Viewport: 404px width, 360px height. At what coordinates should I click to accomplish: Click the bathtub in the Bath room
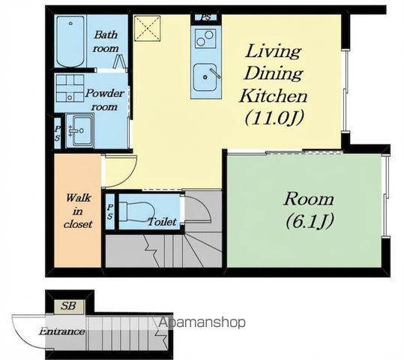[70, 41]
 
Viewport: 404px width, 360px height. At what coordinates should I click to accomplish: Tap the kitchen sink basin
[205, 77]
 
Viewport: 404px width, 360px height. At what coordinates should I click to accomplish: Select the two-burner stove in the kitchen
[205, 38]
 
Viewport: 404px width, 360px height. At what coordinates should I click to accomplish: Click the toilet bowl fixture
[136, 211]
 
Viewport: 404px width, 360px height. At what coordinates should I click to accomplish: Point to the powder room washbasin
[81, 130]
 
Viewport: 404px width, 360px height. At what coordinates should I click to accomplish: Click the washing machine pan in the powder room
[70, 88]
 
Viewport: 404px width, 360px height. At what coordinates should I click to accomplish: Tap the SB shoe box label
[68, 306]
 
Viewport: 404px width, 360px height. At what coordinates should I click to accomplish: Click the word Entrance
[61, 331]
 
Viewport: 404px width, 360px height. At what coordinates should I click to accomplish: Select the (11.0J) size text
[274, 118]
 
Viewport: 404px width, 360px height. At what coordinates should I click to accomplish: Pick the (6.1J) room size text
[310, 221]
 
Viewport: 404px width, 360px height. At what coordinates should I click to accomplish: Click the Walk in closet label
[78, 211]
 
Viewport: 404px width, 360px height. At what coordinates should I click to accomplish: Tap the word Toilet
[163, 221]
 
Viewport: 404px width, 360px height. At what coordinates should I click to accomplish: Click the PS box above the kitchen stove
[206, 18]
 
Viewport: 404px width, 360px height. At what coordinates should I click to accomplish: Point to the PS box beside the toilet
[110, 211]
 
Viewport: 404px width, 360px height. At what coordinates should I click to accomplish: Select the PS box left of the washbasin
[57, 133]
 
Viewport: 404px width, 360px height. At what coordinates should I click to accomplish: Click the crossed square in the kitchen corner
[148, 28]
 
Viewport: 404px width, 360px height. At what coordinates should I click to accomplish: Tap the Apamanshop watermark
[202, 322]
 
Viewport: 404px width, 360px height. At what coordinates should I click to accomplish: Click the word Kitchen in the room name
[274, 96]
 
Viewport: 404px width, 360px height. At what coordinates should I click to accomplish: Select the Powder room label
[104, 100]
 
